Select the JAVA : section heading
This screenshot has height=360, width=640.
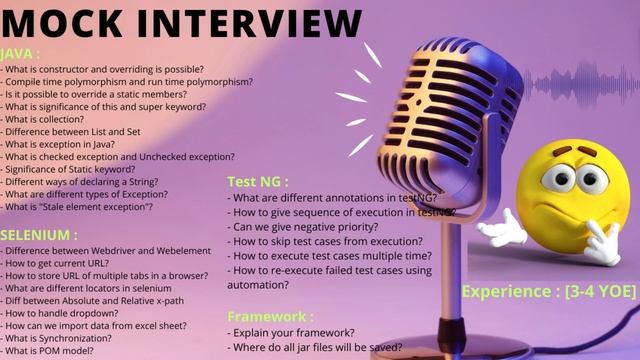(x=21, y=54)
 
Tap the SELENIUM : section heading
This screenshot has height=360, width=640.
(x=39, y=235)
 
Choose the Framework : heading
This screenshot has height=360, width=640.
(x=270, y=316)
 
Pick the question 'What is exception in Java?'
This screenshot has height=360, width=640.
(x=70, y=144)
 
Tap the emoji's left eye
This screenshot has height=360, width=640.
(x=559, y=178)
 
